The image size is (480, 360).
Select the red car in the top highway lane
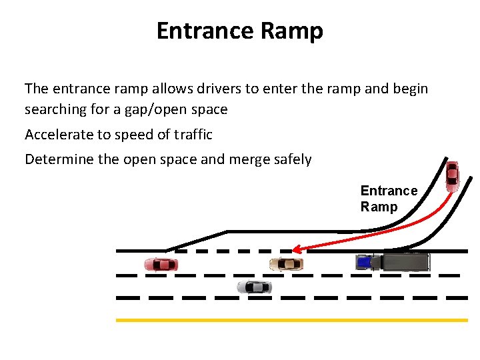click(x=161, y=264)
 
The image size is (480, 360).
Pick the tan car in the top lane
click(x=286, y=264)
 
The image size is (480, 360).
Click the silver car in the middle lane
click(x=254, y=287)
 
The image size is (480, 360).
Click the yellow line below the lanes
click(x=292, y=320)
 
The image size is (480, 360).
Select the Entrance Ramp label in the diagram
click(x=389, y=199)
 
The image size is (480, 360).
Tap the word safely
click(x=291, y=160)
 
